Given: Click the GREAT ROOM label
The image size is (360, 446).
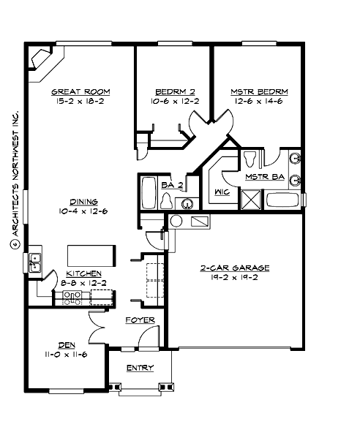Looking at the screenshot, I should pos(80,91).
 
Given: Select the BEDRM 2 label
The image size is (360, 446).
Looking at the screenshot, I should pos(173,91).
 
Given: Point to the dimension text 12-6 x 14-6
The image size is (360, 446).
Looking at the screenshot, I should pos(259,102).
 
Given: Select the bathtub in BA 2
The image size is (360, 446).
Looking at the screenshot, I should pos(149,194).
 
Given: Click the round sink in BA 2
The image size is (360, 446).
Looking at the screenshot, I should pos(187,203).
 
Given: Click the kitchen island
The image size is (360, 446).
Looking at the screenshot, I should pos(92,255).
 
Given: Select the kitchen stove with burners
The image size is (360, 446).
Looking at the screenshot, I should pos(73,296).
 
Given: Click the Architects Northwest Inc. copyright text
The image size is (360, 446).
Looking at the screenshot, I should pos(13,179).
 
